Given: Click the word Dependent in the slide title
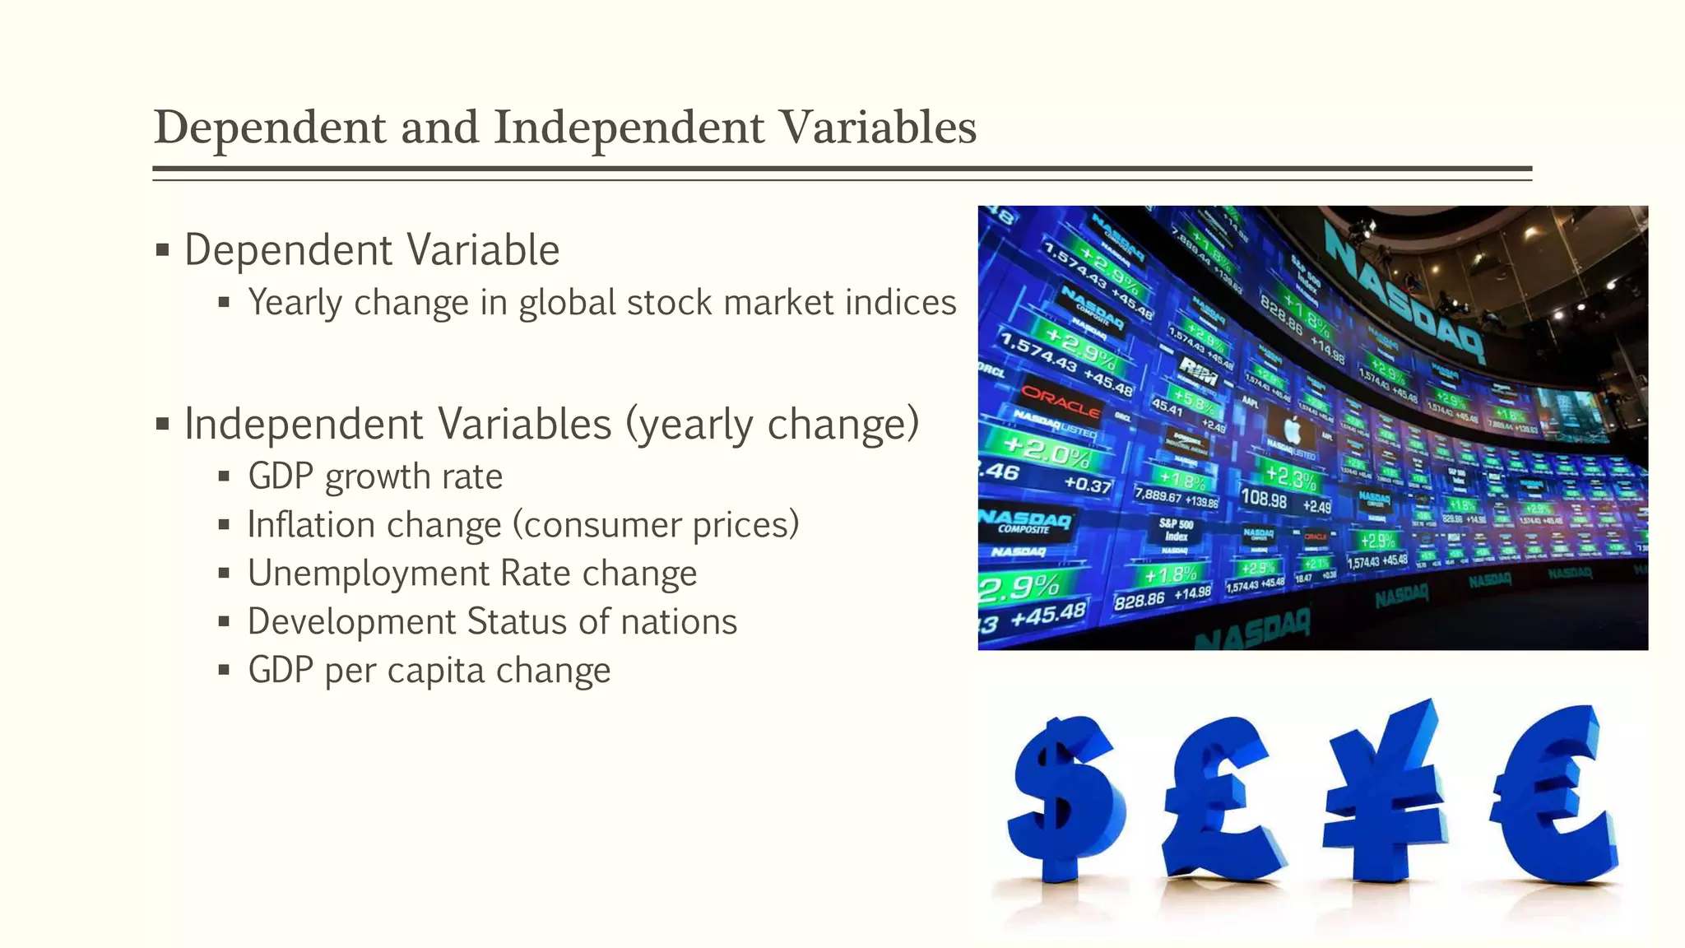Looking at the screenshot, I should pos(270,128).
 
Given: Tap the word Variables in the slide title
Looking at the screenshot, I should pos(878,128).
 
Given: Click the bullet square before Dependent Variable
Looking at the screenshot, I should pos(162,249).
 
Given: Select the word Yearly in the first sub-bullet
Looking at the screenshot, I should pos(295,303).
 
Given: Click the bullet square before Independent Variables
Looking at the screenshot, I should pos(162,425).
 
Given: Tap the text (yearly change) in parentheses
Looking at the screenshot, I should pos(772,425).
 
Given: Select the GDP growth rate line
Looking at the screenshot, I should pos(375,476).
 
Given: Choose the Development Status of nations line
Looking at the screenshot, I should pos(492,622).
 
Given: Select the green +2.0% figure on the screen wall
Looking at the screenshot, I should pos(1047,451).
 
